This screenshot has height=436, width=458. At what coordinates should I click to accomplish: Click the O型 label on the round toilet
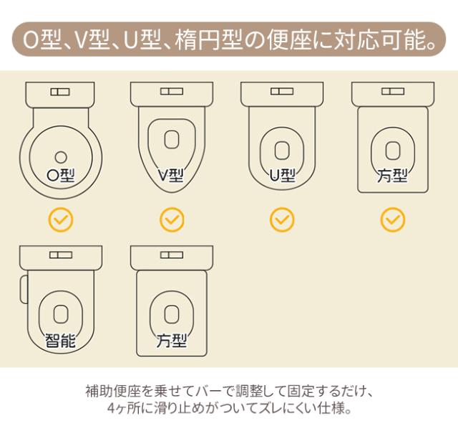click(x=61, y=176)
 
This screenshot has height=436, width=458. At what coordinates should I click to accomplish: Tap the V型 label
click(x=171, y=176)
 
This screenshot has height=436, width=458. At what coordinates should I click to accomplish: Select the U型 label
click(x=282, y=176)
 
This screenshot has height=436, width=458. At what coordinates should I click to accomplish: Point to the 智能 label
click(x=60, y=341)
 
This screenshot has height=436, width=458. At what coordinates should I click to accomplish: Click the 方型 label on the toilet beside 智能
click(x=172, y=341)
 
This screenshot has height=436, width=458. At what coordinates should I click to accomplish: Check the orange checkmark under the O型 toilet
click(x=61, y=219)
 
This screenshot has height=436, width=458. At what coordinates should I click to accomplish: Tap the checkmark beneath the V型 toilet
click(x=172, y=219)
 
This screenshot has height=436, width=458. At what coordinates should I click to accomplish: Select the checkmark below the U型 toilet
click(x=282, y=219)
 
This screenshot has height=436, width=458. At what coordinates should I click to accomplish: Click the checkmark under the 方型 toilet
click(x=393, y=219)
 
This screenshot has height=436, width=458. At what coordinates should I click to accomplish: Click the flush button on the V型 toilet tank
click(x=172, y=91)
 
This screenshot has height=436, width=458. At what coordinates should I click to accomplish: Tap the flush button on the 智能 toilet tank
click(x=61, y=255)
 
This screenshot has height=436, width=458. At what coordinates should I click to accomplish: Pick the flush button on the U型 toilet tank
click(x=282, y=91)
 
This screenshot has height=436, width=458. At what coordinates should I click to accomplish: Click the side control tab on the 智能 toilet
click(x=24, y=289)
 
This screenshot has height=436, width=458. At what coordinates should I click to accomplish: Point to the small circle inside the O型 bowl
click(x=61, y=158)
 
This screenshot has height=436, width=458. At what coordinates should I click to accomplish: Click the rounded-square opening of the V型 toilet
click(x=172, y=140)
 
